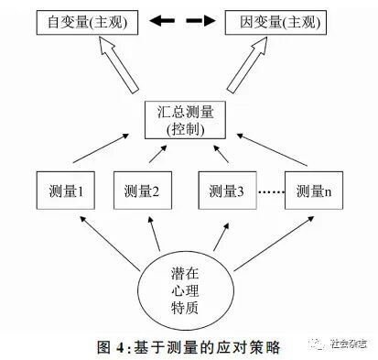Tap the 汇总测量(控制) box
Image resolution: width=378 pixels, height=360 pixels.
click(x=184, y=122)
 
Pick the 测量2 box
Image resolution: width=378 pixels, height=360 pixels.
click(x=144, y=191)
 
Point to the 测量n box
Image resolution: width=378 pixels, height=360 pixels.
click(x=315, y=191)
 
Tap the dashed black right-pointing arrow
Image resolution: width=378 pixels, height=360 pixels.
click(x=200, y=20)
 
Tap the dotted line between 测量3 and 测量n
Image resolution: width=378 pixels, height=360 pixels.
click(x=270, y=192)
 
